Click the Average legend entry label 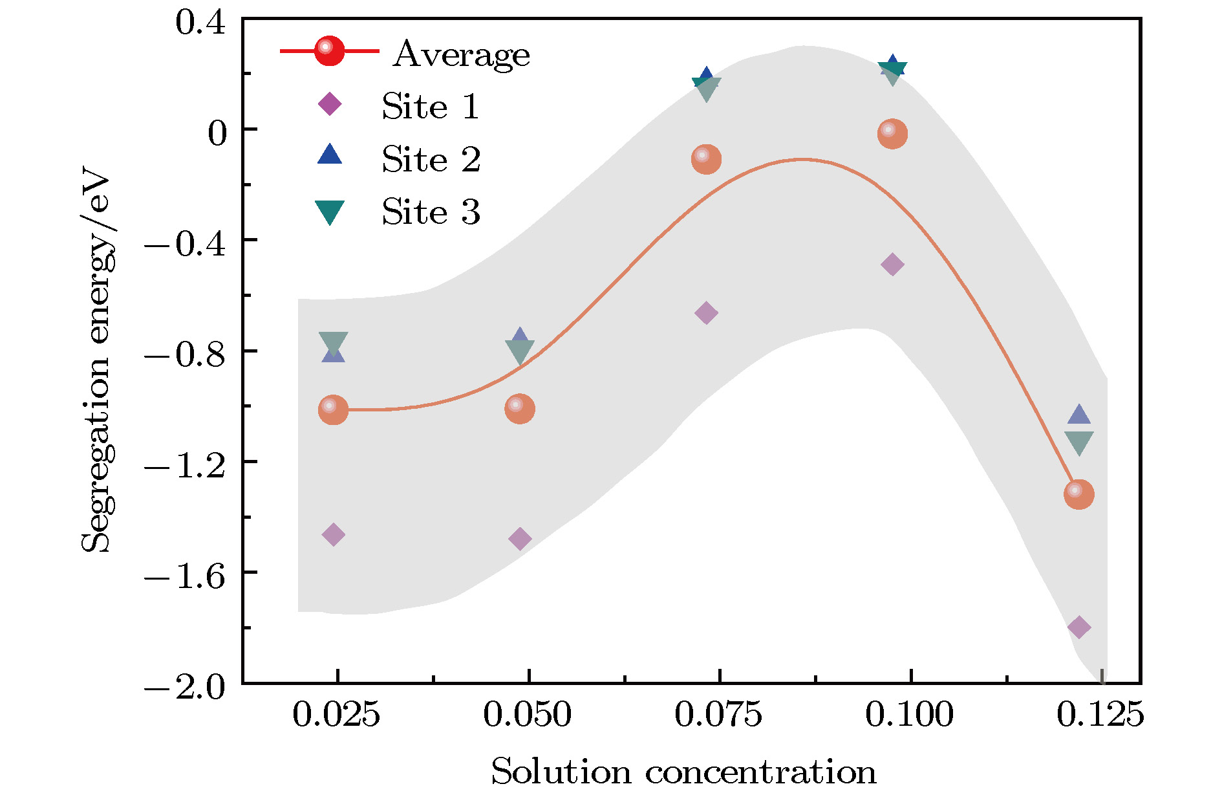[x=462, y=54]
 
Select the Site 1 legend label [x=431, y=106]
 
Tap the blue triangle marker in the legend [x=330, y=155]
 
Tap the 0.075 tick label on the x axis [x=718, y=715]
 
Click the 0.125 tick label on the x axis [x=1100, y=715]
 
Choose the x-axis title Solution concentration [x=683, y=772]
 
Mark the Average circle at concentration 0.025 [x=333, y=409]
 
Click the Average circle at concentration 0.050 [x=520, y=409]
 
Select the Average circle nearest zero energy [x=892, y=134]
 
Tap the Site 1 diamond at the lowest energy [x=1078, y=627]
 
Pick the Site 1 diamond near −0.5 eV [x=892, y=264]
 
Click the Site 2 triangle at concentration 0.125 [x=1078, y=415]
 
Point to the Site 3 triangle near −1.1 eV [x=1078, y=442]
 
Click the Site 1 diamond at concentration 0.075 [x=706, y=313]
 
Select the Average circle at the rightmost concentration [x=1078, y=494]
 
